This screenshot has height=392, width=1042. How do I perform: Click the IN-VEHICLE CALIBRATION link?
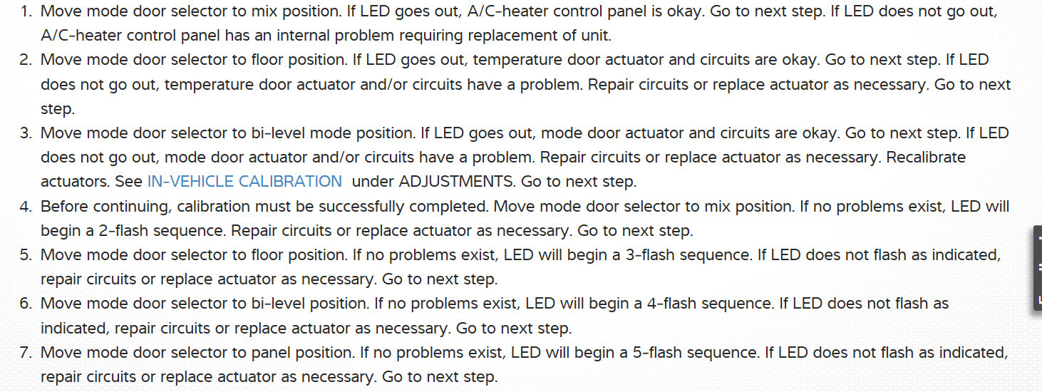(x=244, y=182)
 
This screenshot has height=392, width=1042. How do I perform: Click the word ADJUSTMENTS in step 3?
(x=456, y=182)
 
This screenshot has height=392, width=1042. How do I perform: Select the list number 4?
(x=25, y=207)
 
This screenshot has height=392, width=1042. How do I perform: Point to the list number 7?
(x=25, y=353)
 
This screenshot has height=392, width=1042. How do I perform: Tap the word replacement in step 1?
(x=506, y=36)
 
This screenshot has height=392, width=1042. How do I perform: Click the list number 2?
(x=25, y=60)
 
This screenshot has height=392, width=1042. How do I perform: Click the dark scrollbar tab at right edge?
(x=1037, y=268)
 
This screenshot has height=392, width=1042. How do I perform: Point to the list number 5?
(x=25, y=255)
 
